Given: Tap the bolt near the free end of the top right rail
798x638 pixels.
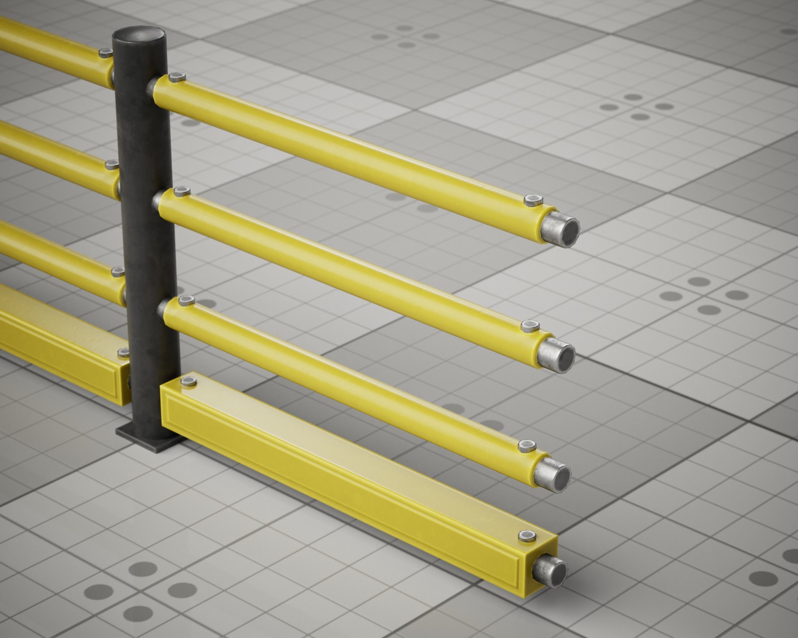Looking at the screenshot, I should tap(533, 200).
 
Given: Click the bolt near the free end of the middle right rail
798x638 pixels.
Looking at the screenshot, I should tap(530, 326).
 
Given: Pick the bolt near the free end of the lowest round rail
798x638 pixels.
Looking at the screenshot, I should tap(527, 446).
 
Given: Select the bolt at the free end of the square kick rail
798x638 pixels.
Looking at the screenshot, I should tap(527, 535).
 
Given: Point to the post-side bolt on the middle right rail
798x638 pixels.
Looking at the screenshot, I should tap(181, 191).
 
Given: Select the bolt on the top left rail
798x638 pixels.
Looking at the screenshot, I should tap(106, 53).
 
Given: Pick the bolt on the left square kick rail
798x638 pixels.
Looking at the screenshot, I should tap(124, 352).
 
